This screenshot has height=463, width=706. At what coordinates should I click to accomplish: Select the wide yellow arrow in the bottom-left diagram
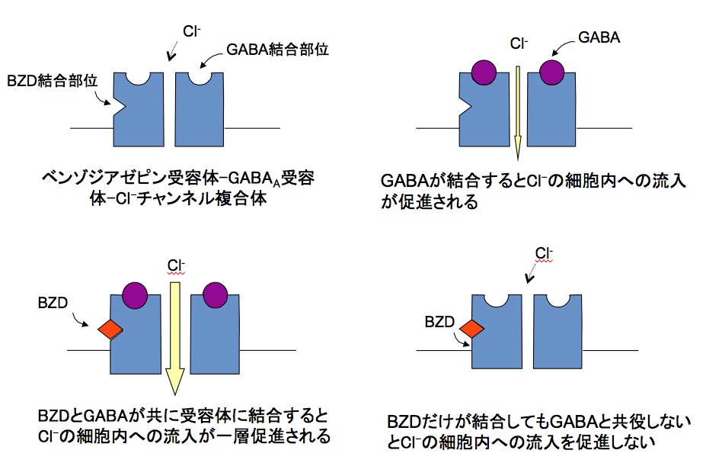tap(174, 336)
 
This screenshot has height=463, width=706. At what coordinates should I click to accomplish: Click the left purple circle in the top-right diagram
tap(483, 73)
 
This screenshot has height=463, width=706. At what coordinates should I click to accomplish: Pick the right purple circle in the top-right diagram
tap(551, 73)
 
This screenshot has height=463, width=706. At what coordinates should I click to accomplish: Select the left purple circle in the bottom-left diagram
tap(135, 294)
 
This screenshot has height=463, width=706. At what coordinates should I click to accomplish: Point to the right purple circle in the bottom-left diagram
tap(213, 294)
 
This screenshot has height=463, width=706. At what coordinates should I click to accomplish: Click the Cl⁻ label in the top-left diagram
tap(190, 31)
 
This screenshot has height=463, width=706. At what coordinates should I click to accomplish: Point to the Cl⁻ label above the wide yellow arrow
tap(175, 266)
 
